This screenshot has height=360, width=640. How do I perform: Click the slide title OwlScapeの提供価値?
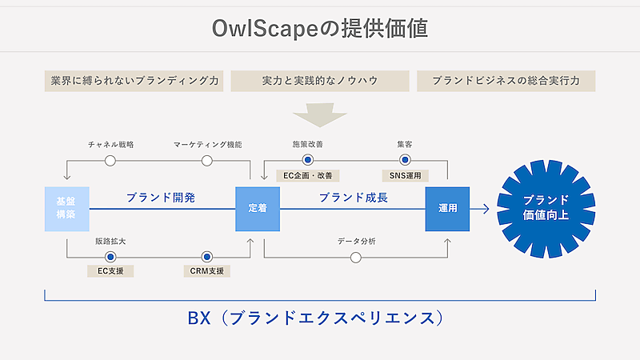click(x=320, y=29)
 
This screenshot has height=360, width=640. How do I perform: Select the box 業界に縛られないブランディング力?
click(x=134, y=81)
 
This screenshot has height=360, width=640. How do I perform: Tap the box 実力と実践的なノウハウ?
click(x=320, y=81)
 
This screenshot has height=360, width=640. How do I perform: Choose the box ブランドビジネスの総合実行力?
click(x=506, y=81)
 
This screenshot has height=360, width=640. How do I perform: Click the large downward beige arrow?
click(x=320, y=114)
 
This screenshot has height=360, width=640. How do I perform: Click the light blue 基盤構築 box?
click(x=66, y=209)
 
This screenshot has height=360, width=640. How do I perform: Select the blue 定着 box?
click(x=258, y=209)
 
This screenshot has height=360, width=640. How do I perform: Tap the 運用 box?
click(x=447, y=209)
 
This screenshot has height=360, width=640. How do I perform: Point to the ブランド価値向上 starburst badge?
click(x=546, y=208)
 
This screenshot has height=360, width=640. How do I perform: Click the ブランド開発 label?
click(x=160, y=198)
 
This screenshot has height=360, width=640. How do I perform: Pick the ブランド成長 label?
click(x=353, y=198)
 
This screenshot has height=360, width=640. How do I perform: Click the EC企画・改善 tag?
click(x=308, y=175)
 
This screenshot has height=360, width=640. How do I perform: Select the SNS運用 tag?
click(x=405, y=175)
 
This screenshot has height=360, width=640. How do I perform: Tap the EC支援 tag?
click(x=110, y=271)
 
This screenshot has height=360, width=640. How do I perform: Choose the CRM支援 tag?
click(x=206, y=271)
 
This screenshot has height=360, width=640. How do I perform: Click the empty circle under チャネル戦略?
click(x=110, y=161)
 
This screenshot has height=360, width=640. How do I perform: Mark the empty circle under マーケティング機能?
click(x=207, y=161)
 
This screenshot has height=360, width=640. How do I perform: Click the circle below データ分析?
click(x=356, y=257)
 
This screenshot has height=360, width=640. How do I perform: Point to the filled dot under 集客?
click(x=404, y=160)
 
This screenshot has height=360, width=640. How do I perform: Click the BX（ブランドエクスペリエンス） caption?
click(x=320, y=318)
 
